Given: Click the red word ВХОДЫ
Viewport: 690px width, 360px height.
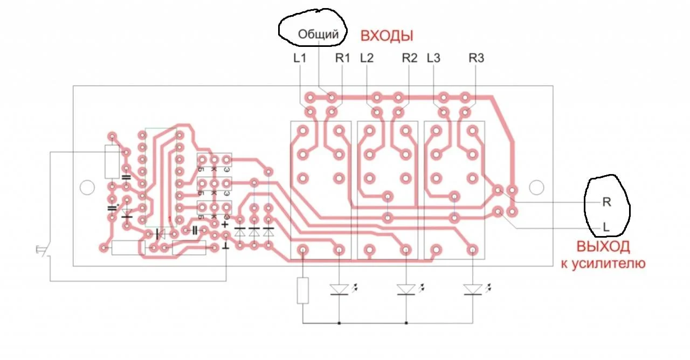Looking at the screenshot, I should click(x=387, y=36).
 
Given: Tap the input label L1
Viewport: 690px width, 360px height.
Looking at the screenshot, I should click(x=300, y=58).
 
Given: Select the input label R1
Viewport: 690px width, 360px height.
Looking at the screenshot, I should click(x=342, y=58).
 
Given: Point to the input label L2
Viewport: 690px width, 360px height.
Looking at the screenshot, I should click(x=367, y=58).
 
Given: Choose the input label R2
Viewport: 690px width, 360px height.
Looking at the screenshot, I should click(x=410, y=58).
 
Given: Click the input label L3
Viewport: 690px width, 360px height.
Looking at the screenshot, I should click(x=433, y=58).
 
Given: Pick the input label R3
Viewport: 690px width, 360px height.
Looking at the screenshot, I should click(x=477, y=58).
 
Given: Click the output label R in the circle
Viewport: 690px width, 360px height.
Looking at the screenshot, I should click(x=606, y=203).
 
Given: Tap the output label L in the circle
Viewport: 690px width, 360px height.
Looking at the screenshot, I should click(x=606, y=228).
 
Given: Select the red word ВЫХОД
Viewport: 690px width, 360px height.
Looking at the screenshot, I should click(x=603, y=247).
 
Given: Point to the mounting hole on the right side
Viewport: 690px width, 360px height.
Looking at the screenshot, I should click(x=536, y=187).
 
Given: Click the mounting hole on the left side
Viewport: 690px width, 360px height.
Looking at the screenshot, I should click(x=87, y=187).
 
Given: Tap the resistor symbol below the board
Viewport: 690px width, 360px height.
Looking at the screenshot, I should click(x=303, y=290).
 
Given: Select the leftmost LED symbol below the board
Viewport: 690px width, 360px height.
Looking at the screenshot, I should click(x=339, y=290).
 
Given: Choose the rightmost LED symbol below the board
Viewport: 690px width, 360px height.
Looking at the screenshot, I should click(x=473, y=290).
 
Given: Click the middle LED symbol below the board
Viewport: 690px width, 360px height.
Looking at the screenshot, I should click(x=406, y=290).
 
